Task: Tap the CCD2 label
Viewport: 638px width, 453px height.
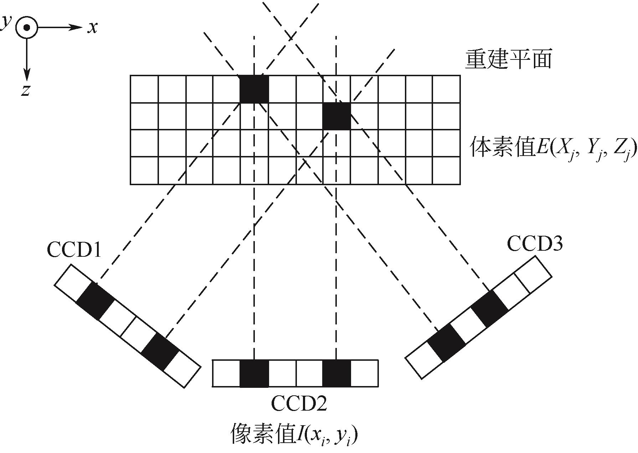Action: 299,403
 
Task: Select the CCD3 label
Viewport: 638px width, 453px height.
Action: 535,244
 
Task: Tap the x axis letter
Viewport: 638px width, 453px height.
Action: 93,27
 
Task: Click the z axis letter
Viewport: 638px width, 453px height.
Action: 25,90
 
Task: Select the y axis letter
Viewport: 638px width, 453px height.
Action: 5,22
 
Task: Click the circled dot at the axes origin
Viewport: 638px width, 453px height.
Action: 26,27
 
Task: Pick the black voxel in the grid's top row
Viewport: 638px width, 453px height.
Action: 254,89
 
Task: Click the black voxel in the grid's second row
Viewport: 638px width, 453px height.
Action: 336,116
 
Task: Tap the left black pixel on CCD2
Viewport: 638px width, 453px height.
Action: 254,373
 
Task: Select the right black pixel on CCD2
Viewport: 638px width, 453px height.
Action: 336,373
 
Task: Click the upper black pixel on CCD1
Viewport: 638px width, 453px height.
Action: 95,301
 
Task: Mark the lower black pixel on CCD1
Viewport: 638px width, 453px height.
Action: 160,352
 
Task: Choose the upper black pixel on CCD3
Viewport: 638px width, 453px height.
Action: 489,309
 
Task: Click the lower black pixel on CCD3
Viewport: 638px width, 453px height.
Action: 446,342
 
